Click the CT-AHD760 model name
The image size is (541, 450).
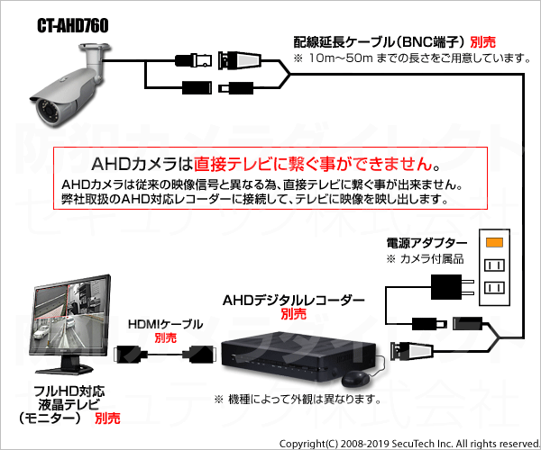73,25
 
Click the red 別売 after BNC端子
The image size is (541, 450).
482,42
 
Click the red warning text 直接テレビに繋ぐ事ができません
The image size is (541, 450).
313,164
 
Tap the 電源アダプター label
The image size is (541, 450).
426,243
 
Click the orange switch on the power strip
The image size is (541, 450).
494,242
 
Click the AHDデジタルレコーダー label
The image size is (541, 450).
294,301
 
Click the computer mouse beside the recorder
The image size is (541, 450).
355,379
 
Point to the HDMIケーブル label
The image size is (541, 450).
165,324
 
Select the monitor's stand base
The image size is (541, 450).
65,369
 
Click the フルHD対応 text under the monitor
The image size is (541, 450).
69,391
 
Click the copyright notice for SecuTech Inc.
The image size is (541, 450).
409,444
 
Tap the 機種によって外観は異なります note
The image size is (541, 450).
298,400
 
